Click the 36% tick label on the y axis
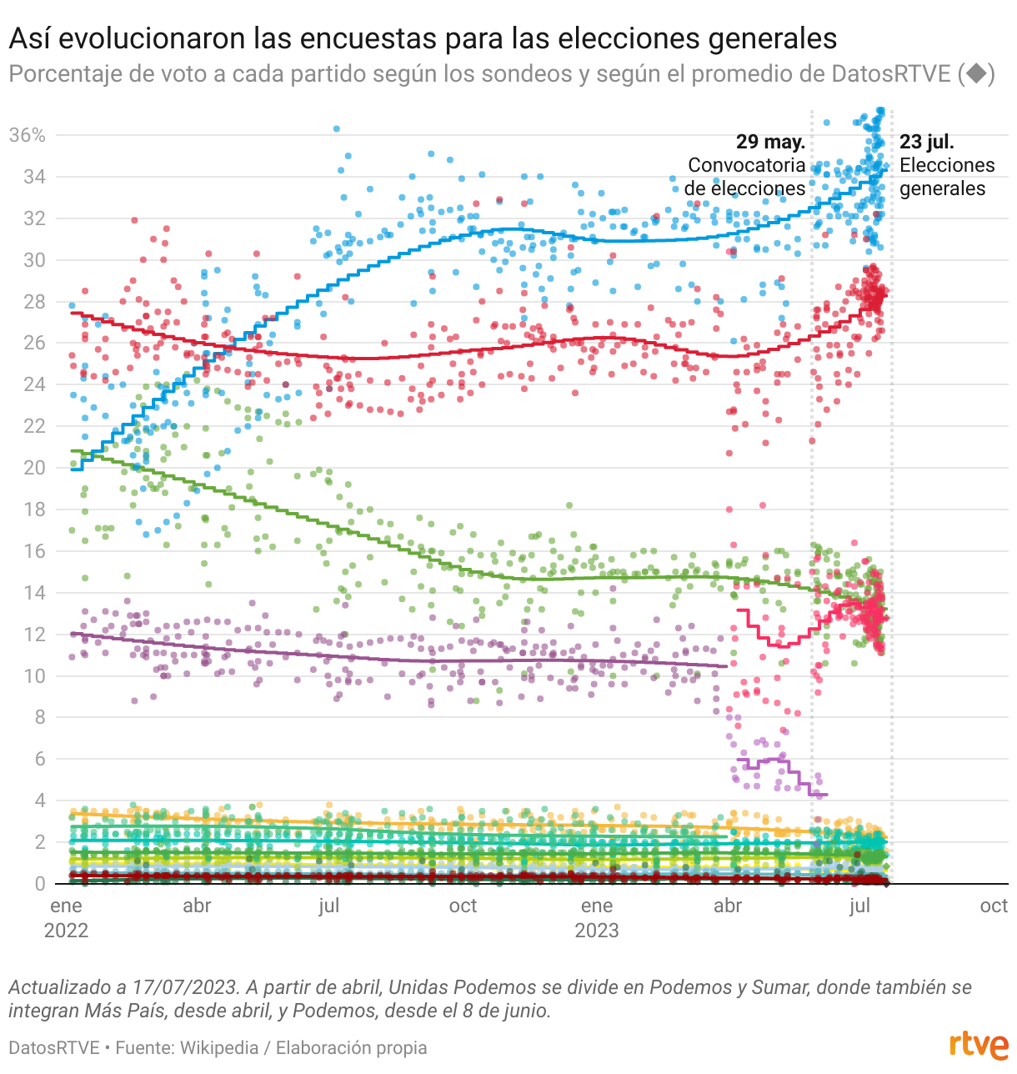[27, 135]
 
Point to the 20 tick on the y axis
[34, 468]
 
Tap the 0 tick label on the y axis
[39, 884]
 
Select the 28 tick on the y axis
[34, 302]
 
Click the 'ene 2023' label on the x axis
[597, 917]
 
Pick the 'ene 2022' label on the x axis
[66, 917]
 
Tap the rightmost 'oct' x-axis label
[994, 906]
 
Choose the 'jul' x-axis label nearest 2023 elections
[859, 906]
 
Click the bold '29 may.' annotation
[770, 142]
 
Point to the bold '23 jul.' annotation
[927, 142]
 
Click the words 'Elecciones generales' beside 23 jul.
[947, 177]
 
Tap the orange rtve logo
[979, 1045]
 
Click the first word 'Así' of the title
[30, 38]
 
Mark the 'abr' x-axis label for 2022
[197, 906]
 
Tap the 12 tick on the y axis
[34, 635]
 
